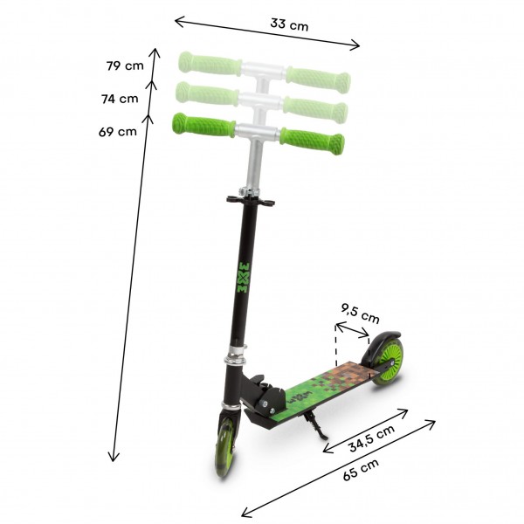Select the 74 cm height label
pyautogui.click(x=120, y=99)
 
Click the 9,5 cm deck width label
pyautogui.click(x=360, y=308)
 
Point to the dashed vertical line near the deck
pyautogui.click(x=335, y=341)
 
